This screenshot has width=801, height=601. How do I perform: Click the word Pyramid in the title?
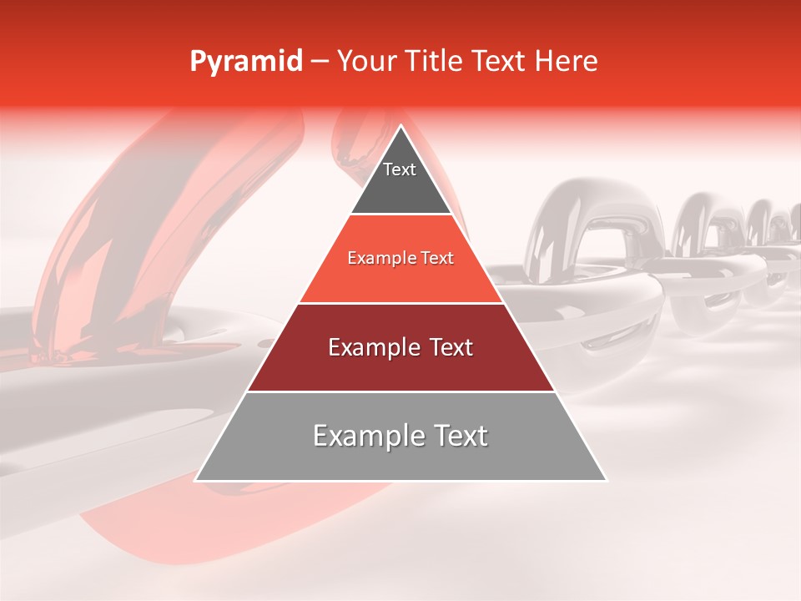(245, 62)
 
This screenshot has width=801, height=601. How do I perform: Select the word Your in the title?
(368, 62)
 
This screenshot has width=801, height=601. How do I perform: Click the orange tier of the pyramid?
(400, 280)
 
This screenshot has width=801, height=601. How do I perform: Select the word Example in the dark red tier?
(370, 347)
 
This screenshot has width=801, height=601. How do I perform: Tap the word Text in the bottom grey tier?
(458, 436)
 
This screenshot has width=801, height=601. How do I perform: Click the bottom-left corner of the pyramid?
(197, 479)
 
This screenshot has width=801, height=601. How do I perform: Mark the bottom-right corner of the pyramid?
(605, 479)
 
